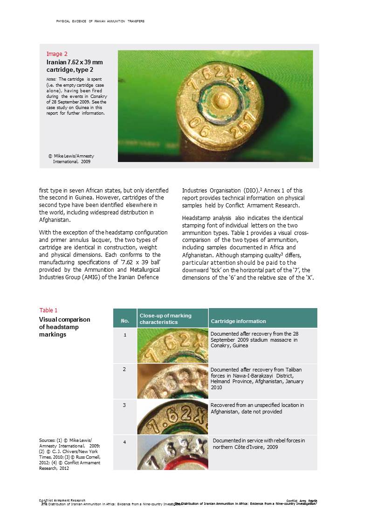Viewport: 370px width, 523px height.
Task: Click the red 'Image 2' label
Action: pyautogui.click(x=57, y=54)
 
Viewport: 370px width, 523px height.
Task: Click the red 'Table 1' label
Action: pyautogui.click(x=48, y=310)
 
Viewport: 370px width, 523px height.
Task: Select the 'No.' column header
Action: pyautogui.click(x=125, y=321)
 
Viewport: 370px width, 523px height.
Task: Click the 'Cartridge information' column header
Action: pyautogui.click(x=239, y=321)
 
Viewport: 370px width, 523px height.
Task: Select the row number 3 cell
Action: pyautogui.click(x=124, y=406)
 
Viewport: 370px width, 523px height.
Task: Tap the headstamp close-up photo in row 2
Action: pyautogui.click(x=172, y=381)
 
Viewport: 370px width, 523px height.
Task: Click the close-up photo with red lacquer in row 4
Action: pyautogui.click(x=172, y=453)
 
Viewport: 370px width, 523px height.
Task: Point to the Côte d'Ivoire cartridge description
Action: pyautogui.click(x=259, y=444)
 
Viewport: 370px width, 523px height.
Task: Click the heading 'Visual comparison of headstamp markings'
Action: pyautogui.click(x=64, y=327)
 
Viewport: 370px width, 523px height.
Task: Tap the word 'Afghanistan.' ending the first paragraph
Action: pyautogui.click(x=55, y=220)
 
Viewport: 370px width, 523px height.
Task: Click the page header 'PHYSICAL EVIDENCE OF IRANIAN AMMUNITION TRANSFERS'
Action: pyautogui.click(x=100, y=21)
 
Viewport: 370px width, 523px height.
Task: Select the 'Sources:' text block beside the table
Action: pyautogui.click(x=69, y=454)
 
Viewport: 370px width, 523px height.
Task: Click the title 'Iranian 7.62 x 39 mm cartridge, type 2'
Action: pyautogui.click(x=75, y=66)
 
